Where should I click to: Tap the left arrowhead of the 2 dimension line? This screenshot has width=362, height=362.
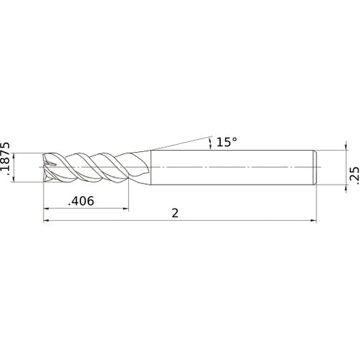coord(48,222)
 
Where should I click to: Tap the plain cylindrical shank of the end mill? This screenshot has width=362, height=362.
coord(232,167)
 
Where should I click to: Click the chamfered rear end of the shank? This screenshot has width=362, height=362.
coord(315,167)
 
